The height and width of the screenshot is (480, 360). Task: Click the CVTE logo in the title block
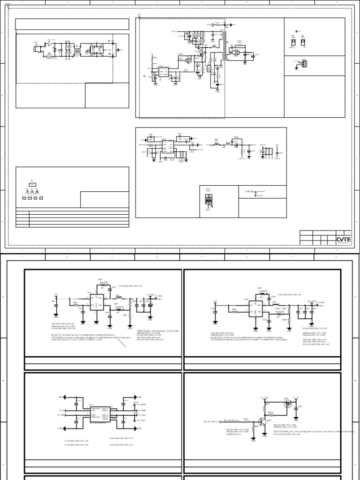click(343, 240)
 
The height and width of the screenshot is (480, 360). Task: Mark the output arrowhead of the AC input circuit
click(121, 49)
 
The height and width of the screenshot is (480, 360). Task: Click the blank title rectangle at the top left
click(72, 24)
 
